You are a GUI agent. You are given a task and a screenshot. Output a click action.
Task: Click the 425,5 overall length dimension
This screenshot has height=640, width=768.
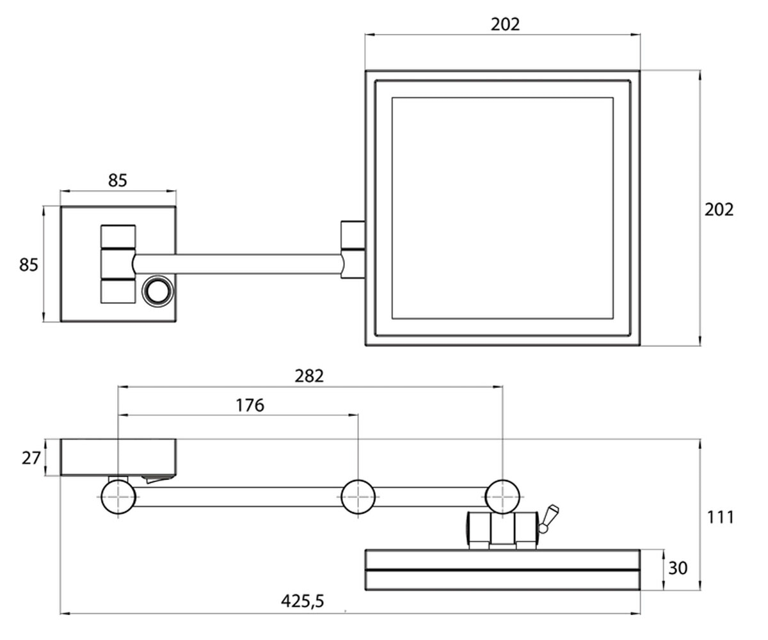coord(302,601)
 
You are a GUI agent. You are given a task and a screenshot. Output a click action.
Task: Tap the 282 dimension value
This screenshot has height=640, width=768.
coord(309,376)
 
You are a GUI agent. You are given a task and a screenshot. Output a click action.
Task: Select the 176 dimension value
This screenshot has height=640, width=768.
coord(250,405)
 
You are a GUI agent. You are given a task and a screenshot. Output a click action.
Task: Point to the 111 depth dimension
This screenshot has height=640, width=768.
coord(720,517)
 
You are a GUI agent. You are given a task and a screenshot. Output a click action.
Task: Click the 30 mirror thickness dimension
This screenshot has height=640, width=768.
coord(678,568)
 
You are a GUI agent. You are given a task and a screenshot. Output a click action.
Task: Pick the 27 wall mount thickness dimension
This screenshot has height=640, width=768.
coord(31,458)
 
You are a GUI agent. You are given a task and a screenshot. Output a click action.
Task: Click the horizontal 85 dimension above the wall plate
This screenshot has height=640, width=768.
coord(118,180)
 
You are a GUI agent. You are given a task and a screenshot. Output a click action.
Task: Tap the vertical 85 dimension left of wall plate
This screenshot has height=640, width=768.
coord(29,265)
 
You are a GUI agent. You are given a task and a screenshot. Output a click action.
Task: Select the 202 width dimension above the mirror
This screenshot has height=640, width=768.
coord(506,24)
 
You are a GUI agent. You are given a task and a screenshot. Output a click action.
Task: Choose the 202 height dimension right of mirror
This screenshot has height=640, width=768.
coord(719,210)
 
